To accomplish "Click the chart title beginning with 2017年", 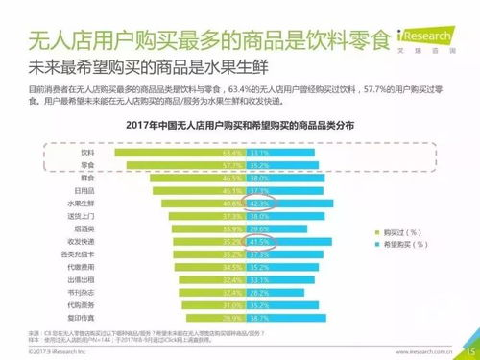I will pyautogui.click(x=240, y=125).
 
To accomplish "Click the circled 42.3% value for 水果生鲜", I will pyautogui.click(x=257, y=204).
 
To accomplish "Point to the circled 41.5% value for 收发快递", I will pyautogui.click(x=257, y=243).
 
